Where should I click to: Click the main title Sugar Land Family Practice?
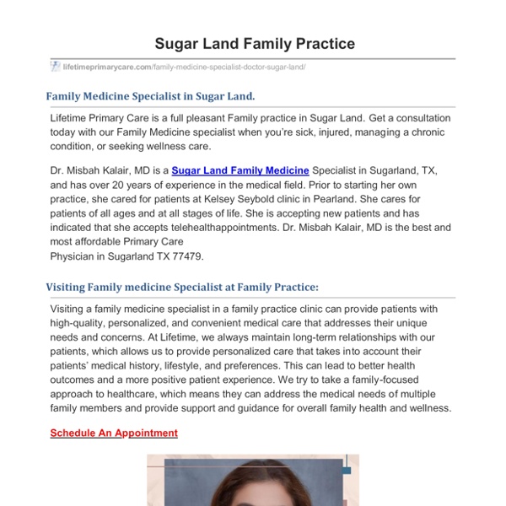[254, 43]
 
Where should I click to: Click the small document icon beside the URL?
[56, 67]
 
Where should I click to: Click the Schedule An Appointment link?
[114, 433]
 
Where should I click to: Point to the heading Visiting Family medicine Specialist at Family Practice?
[182, 287]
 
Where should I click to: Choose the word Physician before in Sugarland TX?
[74, 256]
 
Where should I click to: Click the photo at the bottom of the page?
[253, 481]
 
